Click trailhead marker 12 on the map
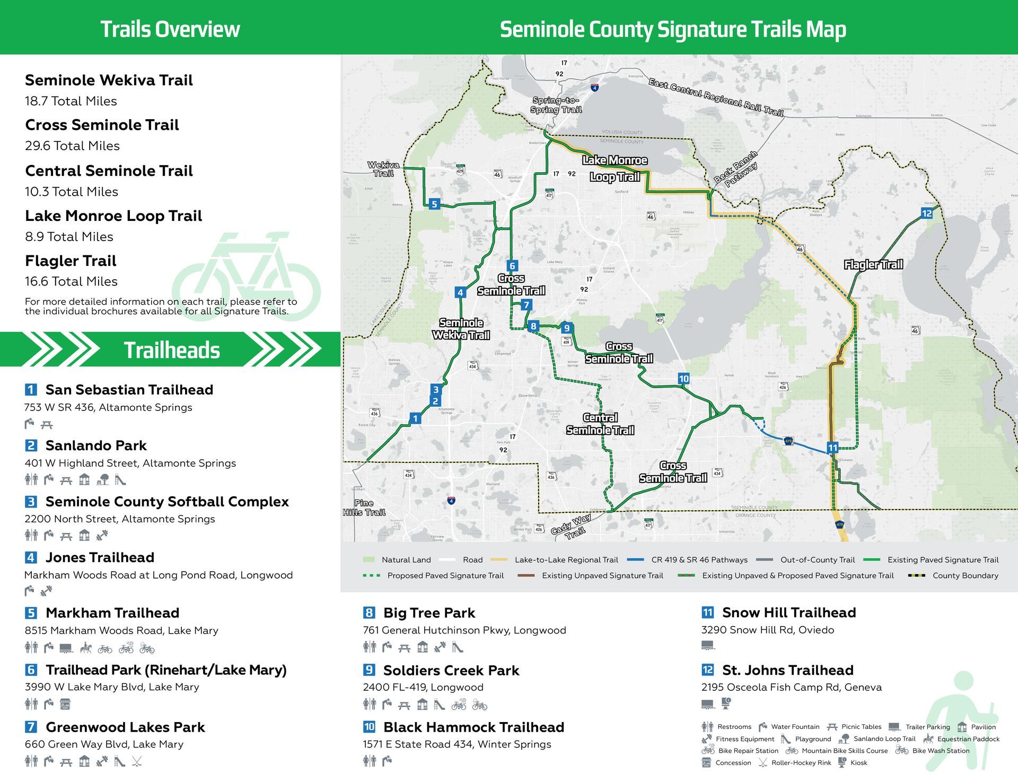coord(927,213)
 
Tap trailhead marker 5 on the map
coord(434,204)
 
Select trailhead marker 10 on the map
coord(683,379)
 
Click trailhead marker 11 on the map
coord(832,448)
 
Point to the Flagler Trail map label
coord(873,264)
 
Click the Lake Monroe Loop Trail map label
coord(615,168)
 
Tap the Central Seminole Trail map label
coord(600,424)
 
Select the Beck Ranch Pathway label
coord(736,169)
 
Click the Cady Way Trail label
coord(572,526)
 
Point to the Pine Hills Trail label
coord(364,507)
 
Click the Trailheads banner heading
coord(172,350)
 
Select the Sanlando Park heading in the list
coord(96,446)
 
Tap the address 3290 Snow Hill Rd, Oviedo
coord(767,630)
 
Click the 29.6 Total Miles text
coord(72,146)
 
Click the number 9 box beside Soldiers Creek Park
coord(369,670)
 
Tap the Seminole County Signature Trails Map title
coord(672,29)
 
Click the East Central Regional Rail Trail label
coord(716,97)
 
